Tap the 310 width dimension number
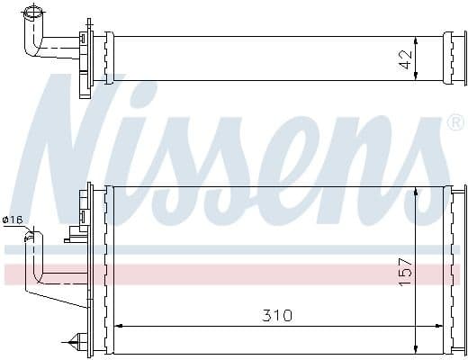tap(277, 316)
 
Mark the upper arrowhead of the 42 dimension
tap(415, 40)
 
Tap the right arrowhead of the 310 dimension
tap(441, 326)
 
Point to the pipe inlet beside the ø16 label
tap(33, 236)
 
